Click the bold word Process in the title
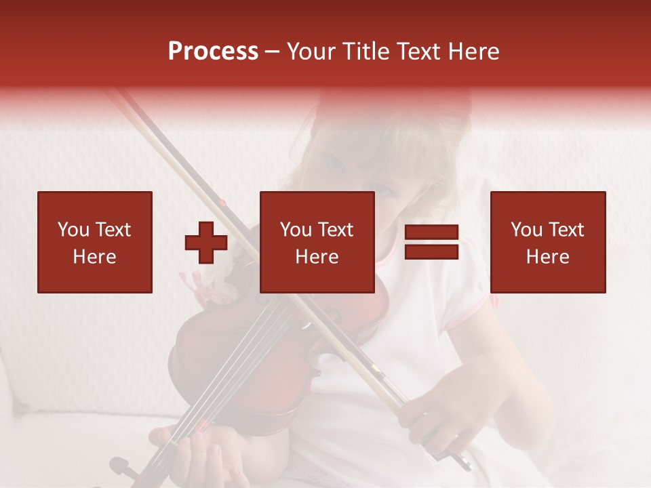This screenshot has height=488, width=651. tap(213, 52)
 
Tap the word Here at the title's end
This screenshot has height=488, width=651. tap(474, 52)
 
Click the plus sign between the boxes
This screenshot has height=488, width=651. tap(206, 243)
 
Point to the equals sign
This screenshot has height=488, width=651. tap(431, 243)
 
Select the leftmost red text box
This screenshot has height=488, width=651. tap(94, 242)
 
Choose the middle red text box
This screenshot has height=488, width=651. tap(317, 242)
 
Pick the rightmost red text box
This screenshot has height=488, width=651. tap(547, 242)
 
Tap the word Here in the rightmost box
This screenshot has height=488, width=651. tap(547, 257)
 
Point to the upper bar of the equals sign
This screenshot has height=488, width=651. tap(431, 232)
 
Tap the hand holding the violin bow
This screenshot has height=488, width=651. tap(434, 413)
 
